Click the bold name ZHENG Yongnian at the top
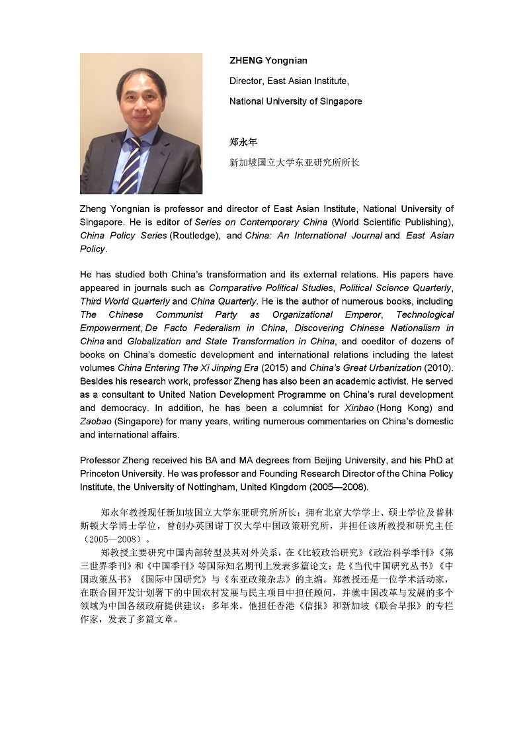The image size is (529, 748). click(268, 61)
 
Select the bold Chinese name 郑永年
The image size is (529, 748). click(243, 142)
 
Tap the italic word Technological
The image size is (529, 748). click(425, 314)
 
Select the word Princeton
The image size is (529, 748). click(101, 473)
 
